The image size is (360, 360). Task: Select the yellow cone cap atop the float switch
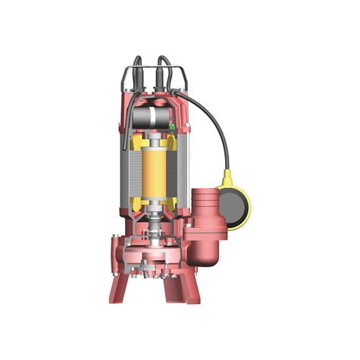click(x=227, y=178)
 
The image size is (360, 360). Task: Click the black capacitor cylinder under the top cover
click(x=151, y=116)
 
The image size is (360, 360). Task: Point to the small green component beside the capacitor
click(x=173, y=127)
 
